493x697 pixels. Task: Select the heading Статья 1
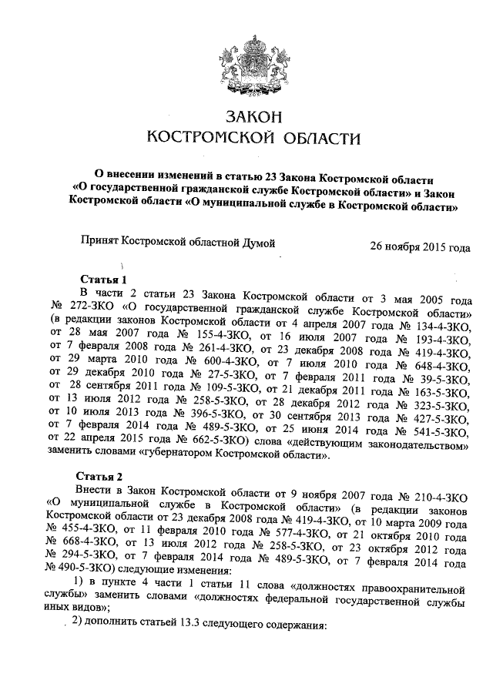tap(102, 279)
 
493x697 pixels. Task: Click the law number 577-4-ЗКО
tap(293, 533)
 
